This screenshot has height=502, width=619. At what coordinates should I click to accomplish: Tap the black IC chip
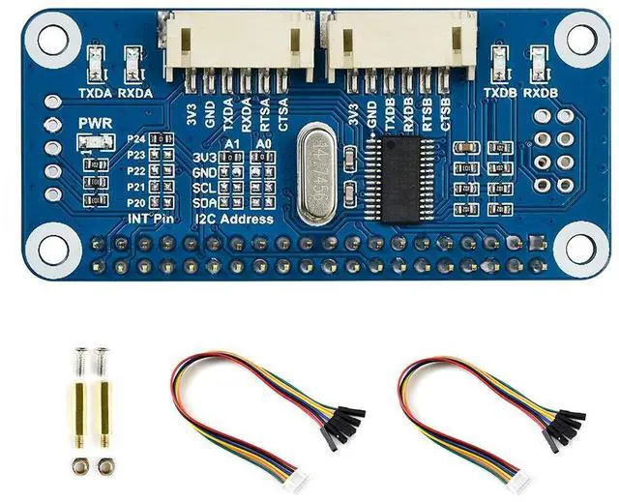pyautogui.click(x=410, y=174)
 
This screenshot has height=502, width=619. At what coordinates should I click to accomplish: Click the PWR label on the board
pyautogui.click(x=89, y=125)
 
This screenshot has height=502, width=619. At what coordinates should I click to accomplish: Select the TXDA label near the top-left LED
pyautogui.click(x=95, y=94)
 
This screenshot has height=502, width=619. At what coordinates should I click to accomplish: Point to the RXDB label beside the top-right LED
pyautogui.click(x=541, y=94)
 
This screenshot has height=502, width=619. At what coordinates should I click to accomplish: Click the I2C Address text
pyautogui.click(x=233, y=220)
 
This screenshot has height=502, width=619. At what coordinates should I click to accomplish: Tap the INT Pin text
pyautogui.click(x=152, y=220)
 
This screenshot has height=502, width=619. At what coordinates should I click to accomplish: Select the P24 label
pyautogui.click(x=135, y=140)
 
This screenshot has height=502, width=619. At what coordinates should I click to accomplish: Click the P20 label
pyautogui.click(x=135, y=202)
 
